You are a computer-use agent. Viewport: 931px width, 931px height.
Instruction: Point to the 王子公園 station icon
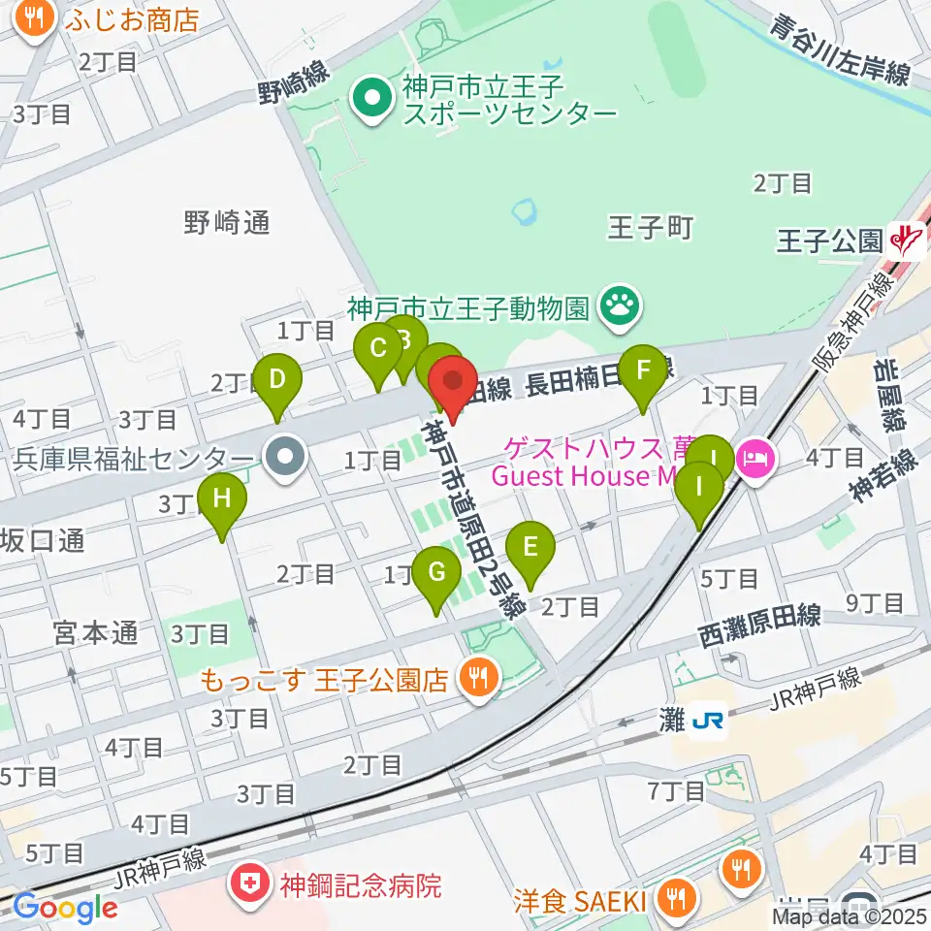click(x=907, y=239)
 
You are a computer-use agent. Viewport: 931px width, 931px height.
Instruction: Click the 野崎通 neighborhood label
click(x=226, y=223)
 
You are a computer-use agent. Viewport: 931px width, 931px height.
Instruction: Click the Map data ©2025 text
click(x=850, y=916)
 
